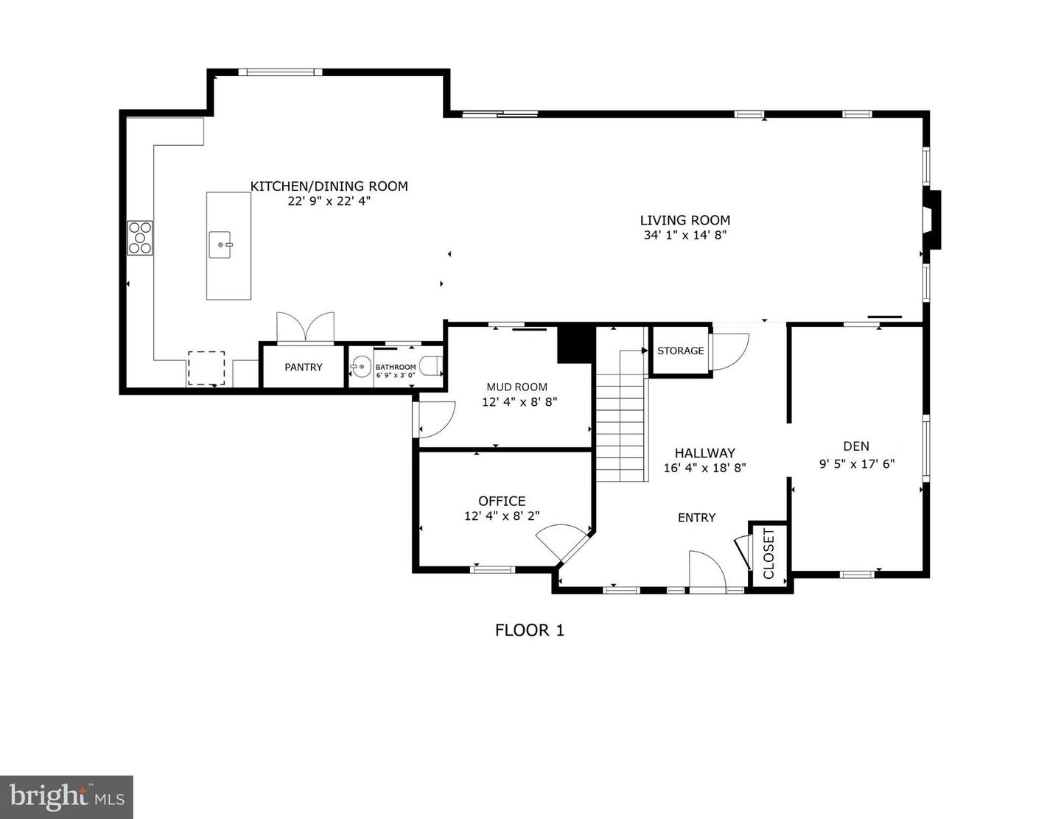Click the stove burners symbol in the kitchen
pyautogui.click(x=140, y=238)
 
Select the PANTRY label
pyautogui.click(x=304, y=367)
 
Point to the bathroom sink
pyautogui.click(x=360, y=366)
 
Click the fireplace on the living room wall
pyautogui.click(x=932, y=219)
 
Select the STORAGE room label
pyautogui.click(x=680, y=351)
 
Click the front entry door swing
pyautogui.click(x=706, y=570)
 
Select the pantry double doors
pyautogui.click(x=305, y=327)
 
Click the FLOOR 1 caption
pyautogui.click(x=529, y=630)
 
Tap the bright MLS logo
pyautogui.click(x=66, y=797)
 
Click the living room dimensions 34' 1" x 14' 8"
pyautogui.click(x=684, y=236)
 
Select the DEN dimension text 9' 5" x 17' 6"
pyautogui.click(x=856, y=464)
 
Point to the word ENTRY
pyautogui.click(x=696, y=518)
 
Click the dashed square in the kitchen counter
pyautogui.click(x=206, y=368)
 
